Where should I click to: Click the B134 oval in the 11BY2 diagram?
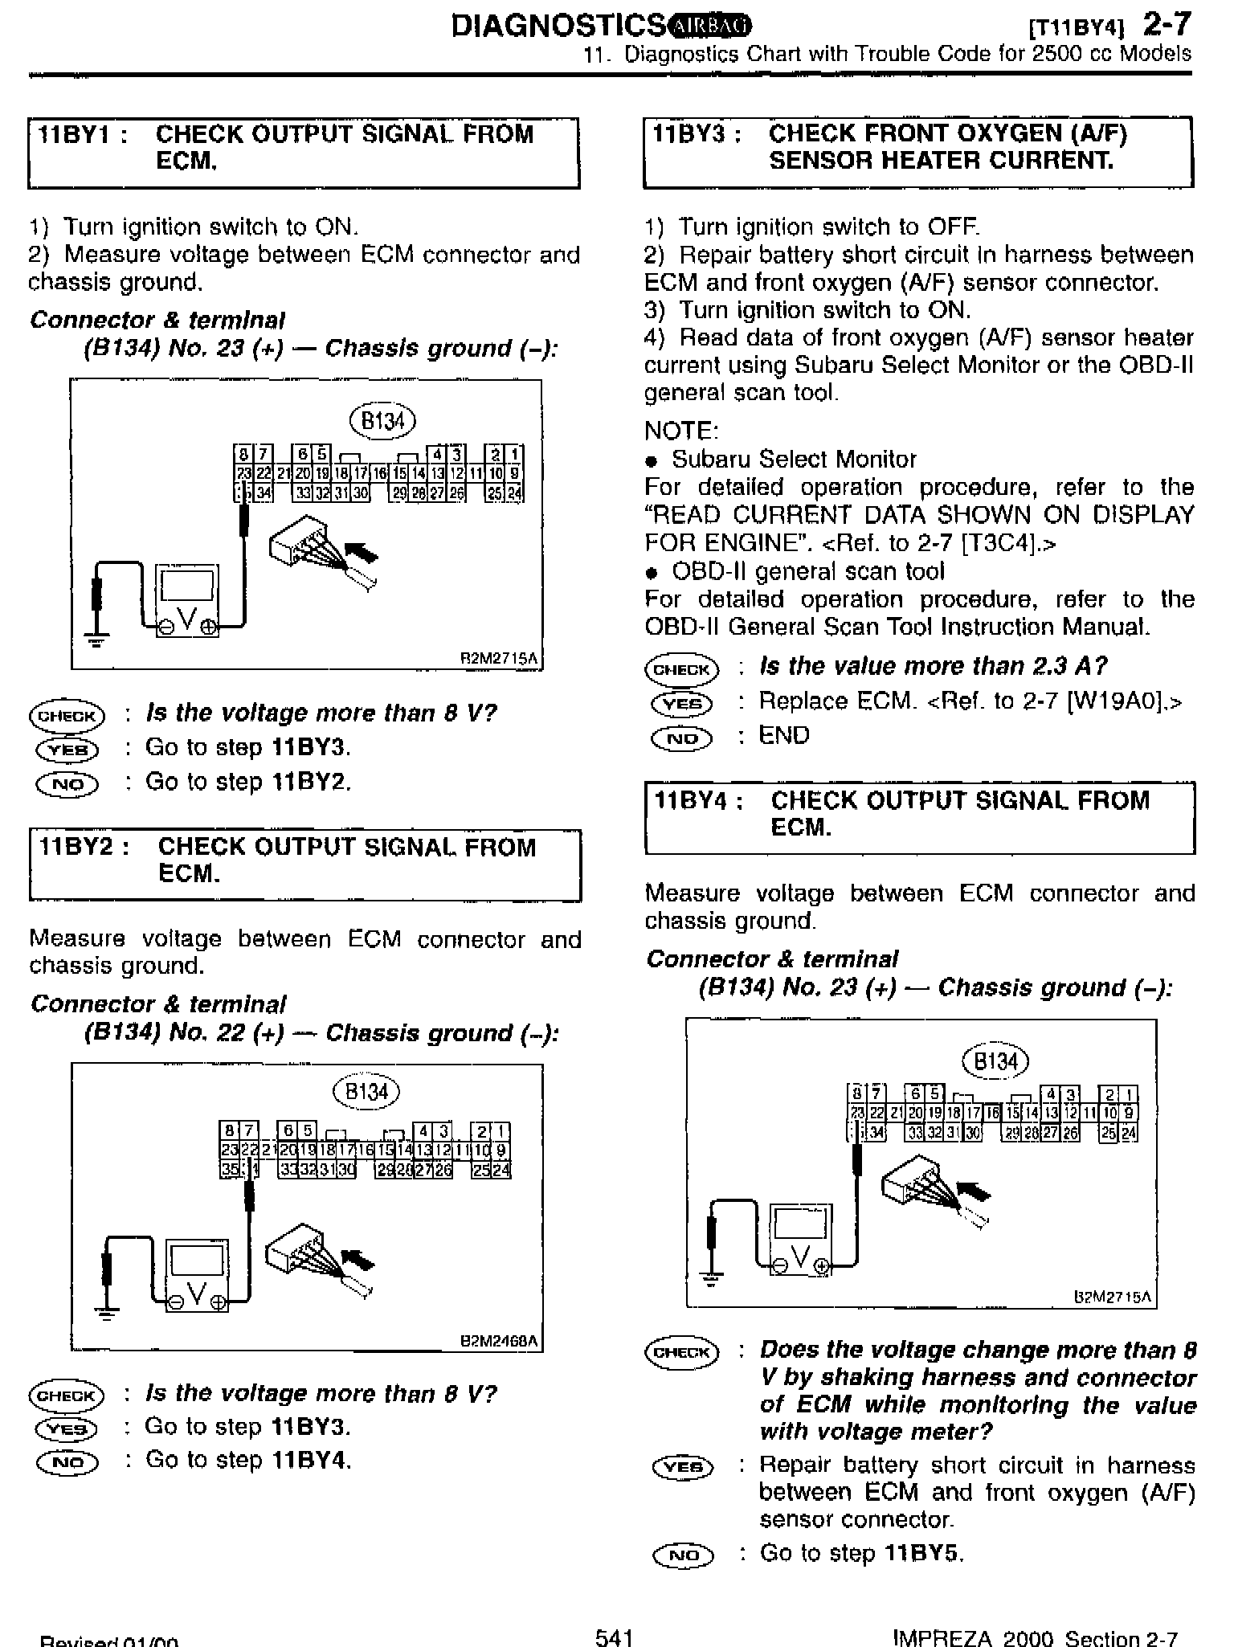tap(366, 1092)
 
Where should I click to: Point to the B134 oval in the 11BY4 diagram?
tap(995, 1061)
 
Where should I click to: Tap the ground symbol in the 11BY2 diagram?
tap(106, 1313)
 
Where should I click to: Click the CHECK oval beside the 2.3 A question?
tap(681, 669)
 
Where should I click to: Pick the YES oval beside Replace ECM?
tap(681, 704)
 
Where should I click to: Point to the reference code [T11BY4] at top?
tap(1076, 30)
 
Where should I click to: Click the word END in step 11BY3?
tap(784, 736)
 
